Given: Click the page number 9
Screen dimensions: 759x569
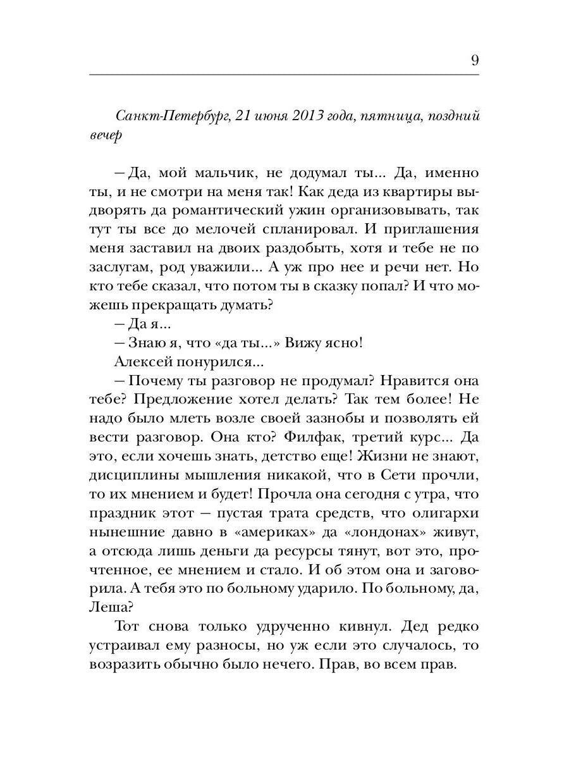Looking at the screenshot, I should tap(474, 61).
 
